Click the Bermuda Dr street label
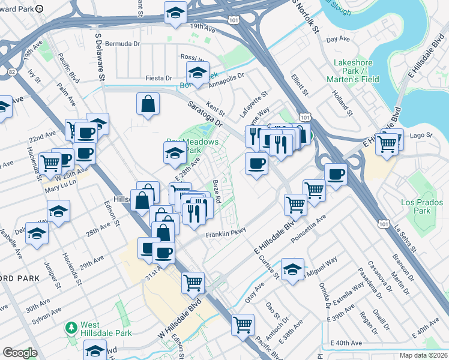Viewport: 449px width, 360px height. tap(122, 44)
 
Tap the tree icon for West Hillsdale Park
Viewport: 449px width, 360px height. tap(71, 328)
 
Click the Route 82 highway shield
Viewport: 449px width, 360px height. tap(11, 71)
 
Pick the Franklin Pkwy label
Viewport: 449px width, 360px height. tap(226, 235)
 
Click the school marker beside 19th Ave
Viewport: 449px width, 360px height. tap(175, 13)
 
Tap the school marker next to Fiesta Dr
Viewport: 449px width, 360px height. tap(196, 74)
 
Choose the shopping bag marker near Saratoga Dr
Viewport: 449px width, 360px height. tap(148, 104)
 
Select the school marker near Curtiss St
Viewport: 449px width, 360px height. tap(292, 270)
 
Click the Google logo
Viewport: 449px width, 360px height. tap(20, 353)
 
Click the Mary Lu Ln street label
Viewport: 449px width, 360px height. tap(59, 188)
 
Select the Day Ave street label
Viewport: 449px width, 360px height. tap(338, 39)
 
